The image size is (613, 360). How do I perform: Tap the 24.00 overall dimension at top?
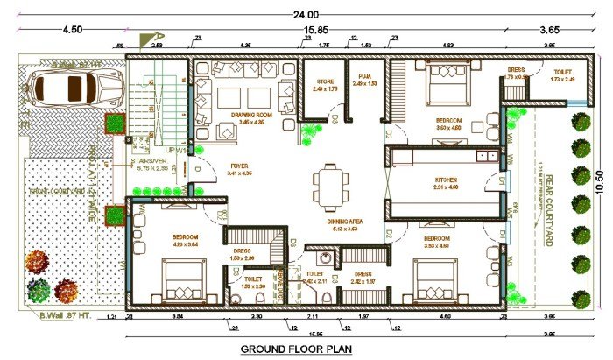pos(306,14)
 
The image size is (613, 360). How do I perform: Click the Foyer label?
pos(239,166)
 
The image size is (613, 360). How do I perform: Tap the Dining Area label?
pos(346,222)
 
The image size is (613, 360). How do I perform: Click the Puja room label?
pos(365,77)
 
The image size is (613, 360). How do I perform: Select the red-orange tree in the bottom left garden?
pos(37,261)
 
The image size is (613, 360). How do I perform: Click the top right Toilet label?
pos(562,70)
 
